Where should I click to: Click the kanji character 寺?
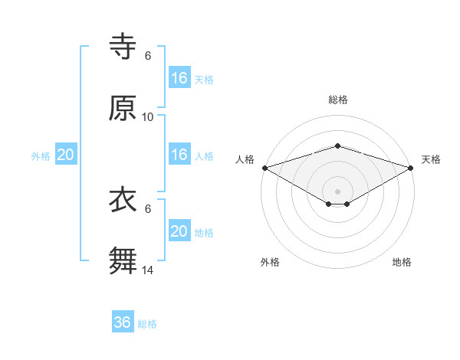tap(123, 47)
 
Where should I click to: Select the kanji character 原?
tap(123, 108)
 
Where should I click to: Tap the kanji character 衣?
tap(123, 200)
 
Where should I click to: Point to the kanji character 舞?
tap(123, 260)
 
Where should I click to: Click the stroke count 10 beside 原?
tap(148, 117)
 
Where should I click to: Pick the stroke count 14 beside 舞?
tap(148, 270)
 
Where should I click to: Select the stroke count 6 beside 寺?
tap(148, 56)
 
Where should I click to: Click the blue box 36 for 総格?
tap(123, 322)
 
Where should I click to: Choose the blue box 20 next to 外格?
tap(66, 155)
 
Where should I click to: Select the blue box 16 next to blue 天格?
tap(179, 78)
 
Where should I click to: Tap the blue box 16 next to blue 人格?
tap(179, 155)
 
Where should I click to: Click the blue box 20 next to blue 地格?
tap(179, 231)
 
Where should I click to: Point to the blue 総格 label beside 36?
tap(147, 324)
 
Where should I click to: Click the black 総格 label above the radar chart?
tap(337, 100)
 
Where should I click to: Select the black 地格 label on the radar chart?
tap(402, 262)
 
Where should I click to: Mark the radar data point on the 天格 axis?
tap(411, 167)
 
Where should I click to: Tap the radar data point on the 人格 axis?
tap(264, 167)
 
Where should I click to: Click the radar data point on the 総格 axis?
tap(337, 146)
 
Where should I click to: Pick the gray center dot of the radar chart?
tap(337, 191)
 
